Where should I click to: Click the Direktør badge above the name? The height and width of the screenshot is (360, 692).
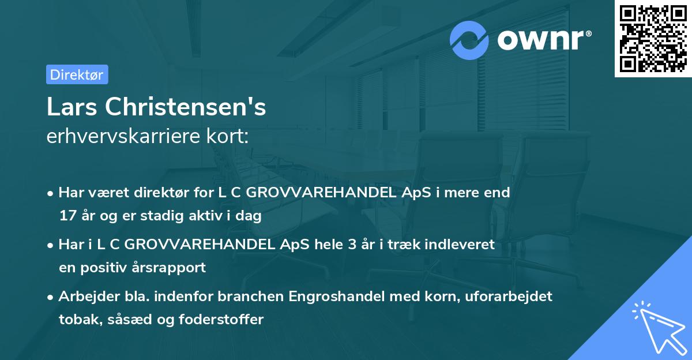77,74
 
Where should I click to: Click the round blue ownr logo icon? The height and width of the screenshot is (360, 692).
469,40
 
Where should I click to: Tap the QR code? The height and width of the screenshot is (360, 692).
653,39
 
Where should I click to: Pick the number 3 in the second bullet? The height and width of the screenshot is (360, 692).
352,244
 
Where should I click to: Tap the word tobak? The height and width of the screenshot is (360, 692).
77,319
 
